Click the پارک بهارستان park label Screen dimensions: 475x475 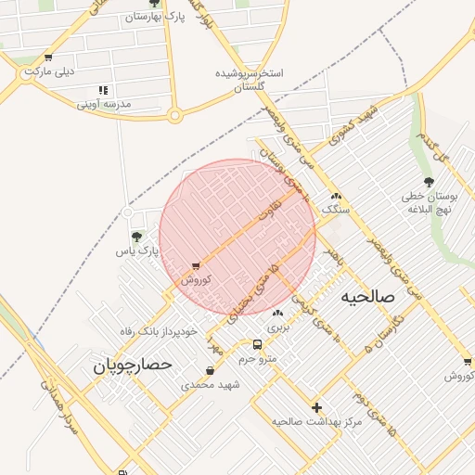[x=154, y=18]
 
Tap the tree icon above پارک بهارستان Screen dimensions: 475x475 [x=154, y=4]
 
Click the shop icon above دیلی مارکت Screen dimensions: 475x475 [x=47, y=58]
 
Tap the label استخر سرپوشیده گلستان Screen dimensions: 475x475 [x=249, y=79]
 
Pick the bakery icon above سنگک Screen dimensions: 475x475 [x=336, y=197]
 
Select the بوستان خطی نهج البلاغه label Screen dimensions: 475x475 [x=428, y=203]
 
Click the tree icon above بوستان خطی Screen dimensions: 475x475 [x=428, y=182]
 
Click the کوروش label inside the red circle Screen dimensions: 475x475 [x=196, y=279]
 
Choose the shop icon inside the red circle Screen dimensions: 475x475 [x=196, y=266]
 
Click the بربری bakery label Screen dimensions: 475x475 [x=278, y=327]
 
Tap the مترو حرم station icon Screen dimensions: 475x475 [x=257, y=345]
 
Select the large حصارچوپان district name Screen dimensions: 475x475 [x=133, y=366]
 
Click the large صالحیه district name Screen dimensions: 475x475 [x=367, y=297]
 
